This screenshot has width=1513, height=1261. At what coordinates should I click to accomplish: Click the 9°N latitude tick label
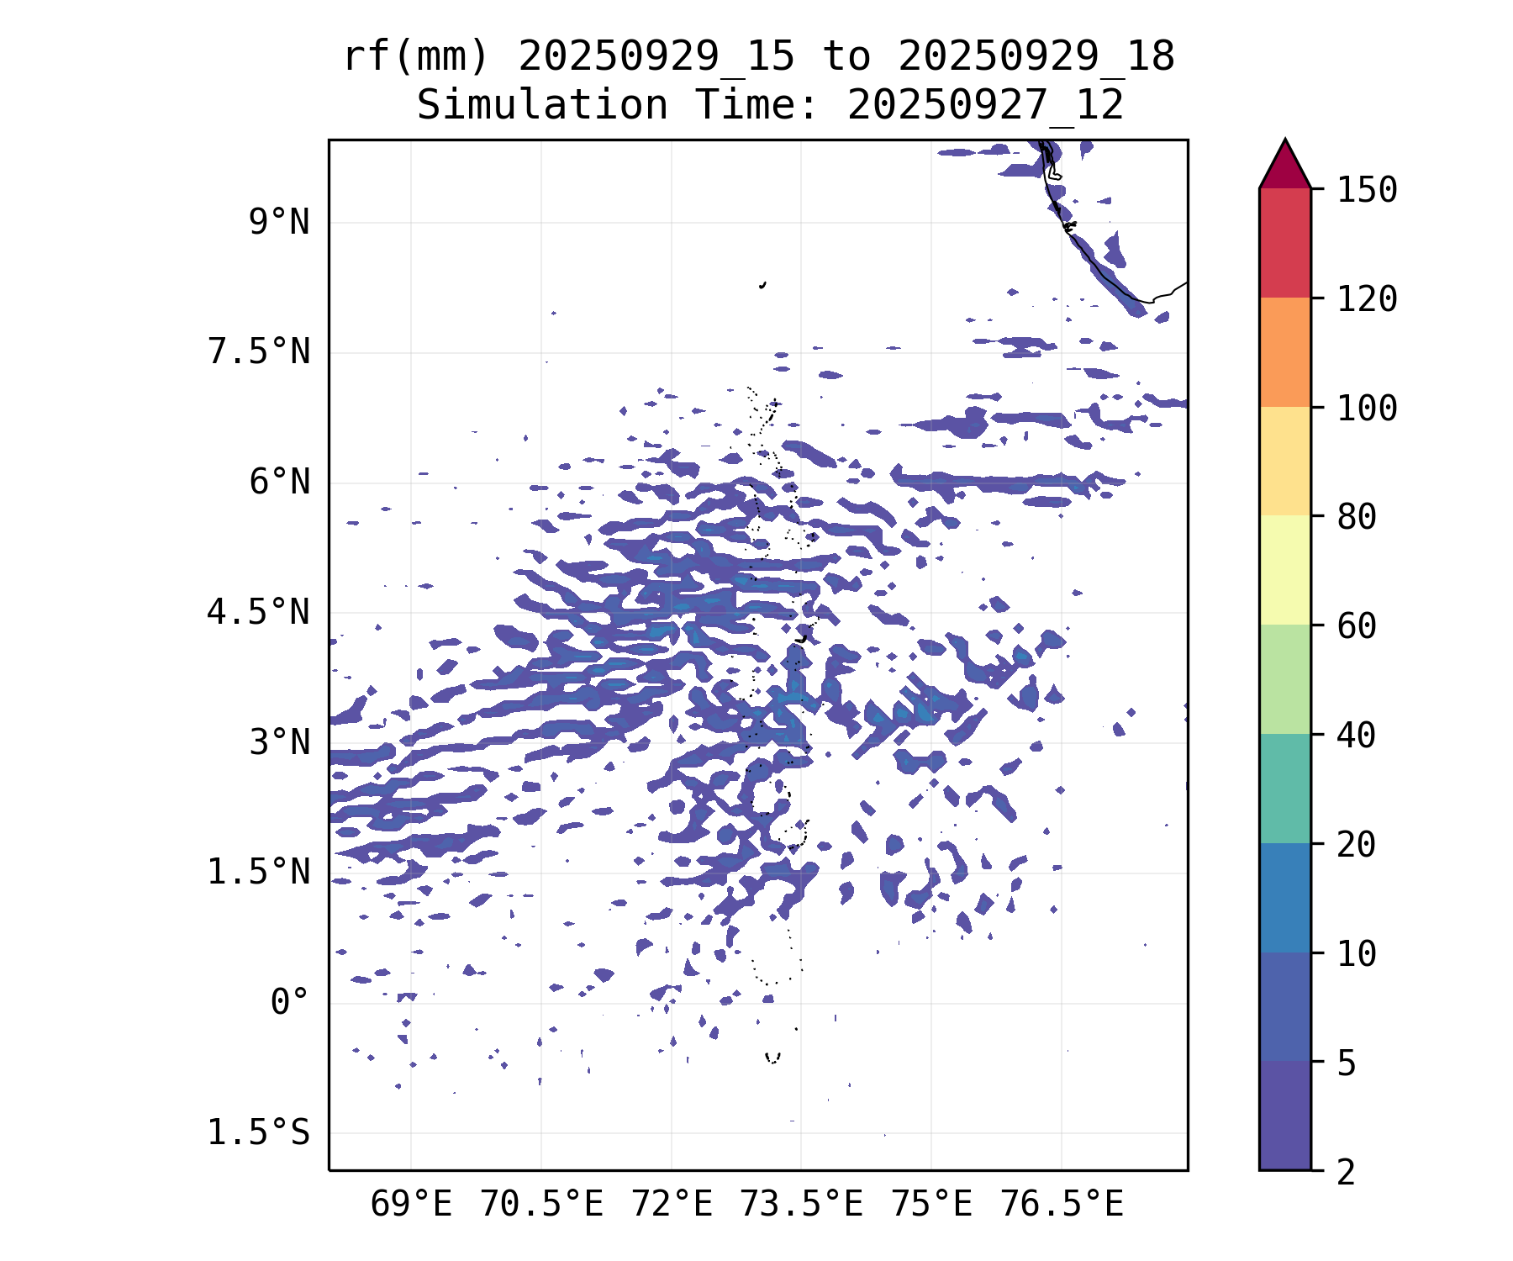(279, 223)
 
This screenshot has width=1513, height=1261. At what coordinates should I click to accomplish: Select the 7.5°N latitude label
(259, 352)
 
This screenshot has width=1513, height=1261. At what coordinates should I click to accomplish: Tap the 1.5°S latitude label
(259, 1133)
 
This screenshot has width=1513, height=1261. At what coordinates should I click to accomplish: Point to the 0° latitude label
(290, 1003)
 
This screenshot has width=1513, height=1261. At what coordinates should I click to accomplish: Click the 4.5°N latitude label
(259, 612)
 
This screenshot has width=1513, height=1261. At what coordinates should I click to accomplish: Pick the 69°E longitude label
(411, 1205)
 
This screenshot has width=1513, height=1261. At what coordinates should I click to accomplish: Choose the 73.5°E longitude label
(801, 1205)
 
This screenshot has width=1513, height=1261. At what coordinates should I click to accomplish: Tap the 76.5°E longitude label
(1061, 1205)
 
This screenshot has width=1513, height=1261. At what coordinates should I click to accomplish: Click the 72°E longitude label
(672, 1205)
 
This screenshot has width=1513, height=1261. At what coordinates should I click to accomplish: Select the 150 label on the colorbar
(1367, 190)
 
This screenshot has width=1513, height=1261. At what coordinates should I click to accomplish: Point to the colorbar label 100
(1367, 409)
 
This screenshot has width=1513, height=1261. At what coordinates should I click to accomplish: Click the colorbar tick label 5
(1347, 1063)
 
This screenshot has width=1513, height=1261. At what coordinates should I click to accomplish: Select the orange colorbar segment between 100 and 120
(1284, 352)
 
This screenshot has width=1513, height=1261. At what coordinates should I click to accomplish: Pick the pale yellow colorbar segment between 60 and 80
(1284, 570)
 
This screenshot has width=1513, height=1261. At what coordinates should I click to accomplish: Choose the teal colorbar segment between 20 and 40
(1284, 789)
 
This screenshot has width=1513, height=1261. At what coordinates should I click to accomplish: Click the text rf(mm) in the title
(416, 57)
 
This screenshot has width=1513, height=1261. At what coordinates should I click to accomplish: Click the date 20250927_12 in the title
(985, 106)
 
